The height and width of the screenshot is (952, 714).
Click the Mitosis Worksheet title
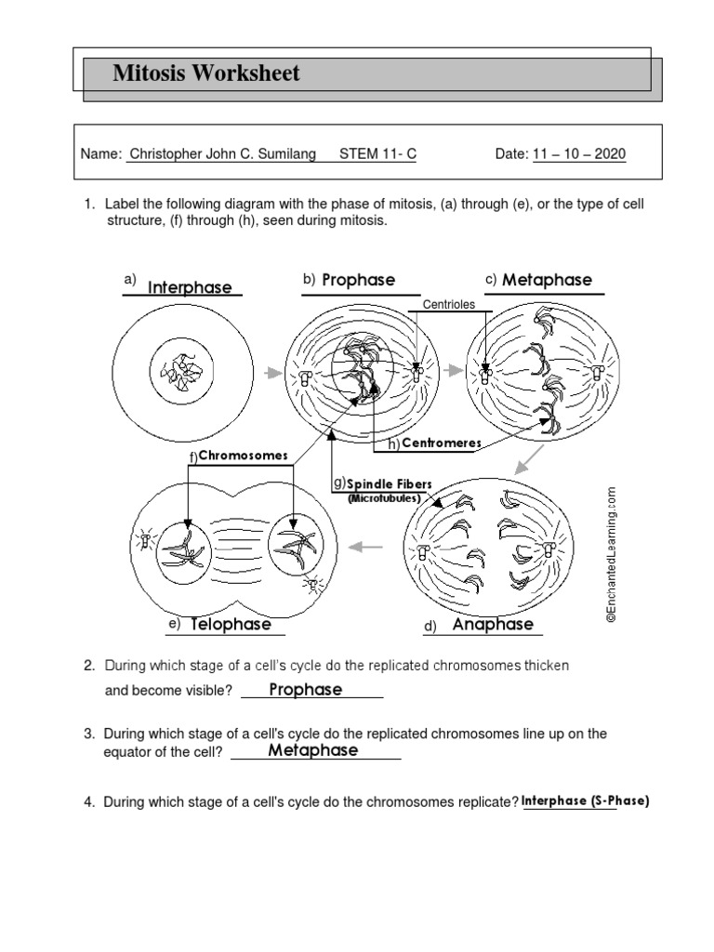(205, 74)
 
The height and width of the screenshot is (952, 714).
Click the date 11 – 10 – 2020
(579, 154)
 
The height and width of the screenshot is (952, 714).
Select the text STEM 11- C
(377, 154)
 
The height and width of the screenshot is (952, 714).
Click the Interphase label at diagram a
(190, 288)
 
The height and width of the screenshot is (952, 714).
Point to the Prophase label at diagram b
(358, 280)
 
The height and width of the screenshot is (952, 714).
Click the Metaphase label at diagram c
(547, 281)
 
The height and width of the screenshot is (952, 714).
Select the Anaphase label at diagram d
(493, 625)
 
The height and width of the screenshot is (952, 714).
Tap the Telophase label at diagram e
(231, 625)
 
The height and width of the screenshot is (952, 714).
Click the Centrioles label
(448, 304)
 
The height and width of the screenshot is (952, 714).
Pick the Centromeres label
(441, 443)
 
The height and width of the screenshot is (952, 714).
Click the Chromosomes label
(244, 456)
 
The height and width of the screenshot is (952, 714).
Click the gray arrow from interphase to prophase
(271, 373)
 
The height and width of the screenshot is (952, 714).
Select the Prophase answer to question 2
(305, 690)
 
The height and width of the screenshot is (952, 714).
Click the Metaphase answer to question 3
(312, 750)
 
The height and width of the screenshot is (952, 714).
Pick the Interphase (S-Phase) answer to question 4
(584, 800)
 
